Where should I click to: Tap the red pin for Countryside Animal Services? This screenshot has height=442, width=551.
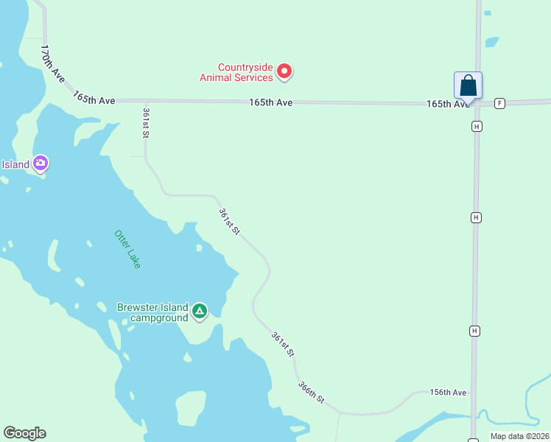[x=284, y=71]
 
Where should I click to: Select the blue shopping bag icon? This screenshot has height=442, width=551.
[x=468, y=85]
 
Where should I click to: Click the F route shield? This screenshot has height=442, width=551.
[x=500, y=103]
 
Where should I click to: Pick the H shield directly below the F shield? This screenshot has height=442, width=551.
[x=477, y=127]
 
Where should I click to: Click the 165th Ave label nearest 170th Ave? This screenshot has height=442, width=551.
[x=94, y=98]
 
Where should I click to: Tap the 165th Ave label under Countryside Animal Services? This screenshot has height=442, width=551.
[x=270, y=102]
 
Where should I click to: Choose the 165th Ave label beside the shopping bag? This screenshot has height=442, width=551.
[x=447, y=104]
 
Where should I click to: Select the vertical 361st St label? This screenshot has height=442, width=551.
[x=146, y=122]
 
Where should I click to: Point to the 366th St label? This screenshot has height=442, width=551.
[x=311, y=391]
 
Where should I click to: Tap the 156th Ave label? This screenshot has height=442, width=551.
[x=449, y=393]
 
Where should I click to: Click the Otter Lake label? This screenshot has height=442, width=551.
[x=127, y=248]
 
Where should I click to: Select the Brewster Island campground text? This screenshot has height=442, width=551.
[x=152, y=312]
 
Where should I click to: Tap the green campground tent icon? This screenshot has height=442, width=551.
[x=199, y=312]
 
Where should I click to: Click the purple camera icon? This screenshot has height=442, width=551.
[x=41, y=164]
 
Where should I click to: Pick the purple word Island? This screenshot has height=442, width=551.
[x=14, y=164]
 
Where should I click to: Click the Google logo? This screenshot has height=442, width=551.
[x=24, y=433]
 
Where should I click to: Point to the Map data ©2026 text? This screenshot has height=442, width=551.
[x=519, y=436]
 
